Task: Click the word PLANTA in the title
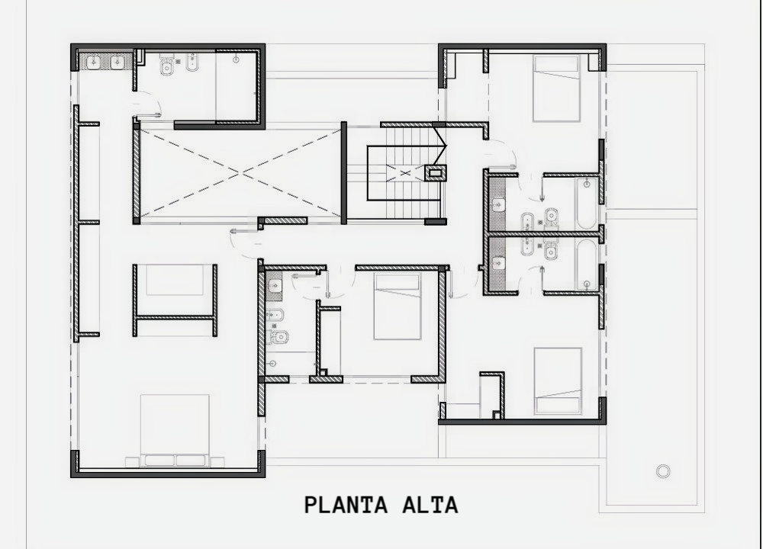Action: [346, 505]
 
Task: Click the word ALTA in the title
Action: [430, 505]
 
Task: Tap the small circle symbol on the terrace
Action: [663, 470]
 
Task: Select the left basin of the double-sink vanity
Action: [92, 62]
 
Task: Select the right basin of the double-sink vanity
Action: [118, 62]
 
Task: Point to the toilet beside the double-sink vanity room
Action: [166, 66]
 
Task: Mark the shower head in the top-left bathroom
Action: [236, 59]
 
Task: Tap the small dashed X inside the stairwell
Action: [405, 172]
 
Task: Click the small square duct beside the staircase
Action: [435, 172]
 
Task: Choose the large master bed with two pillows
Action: [175, 430]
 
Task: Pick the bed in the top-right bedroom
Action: [557, 88]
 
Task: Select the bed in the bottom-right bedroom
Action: [558, 380]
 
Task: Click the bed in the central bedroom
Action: [397, 307]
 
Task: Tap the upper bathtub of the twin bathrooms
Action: [587, 204]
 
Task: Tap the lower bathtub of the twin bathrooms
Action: [587, 264]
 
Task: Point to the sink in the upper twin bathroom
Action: [498, 204]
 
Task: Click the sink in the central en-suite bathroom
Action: [275, 285]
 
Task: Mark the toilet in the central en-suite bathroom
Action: [278, 336]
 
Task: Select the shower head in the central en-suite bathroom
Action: [272, 363]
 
